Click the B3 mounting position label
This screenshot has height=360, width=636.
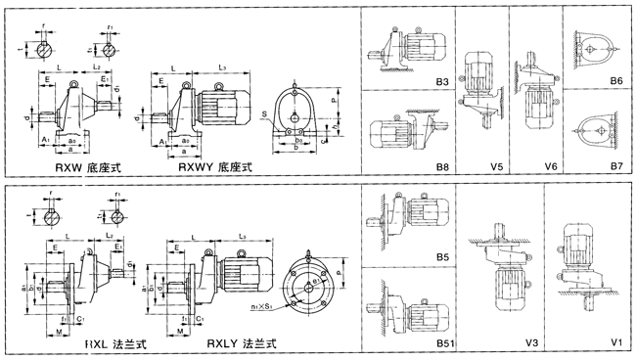(x=443, y=84)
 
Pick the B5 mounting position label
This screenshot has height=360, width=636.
(x=442, y=258)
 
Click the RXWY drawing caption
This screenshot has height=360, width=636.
(x=215, y=168)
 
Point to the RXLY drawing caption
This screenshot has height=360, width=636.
(x=241, y=343)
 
